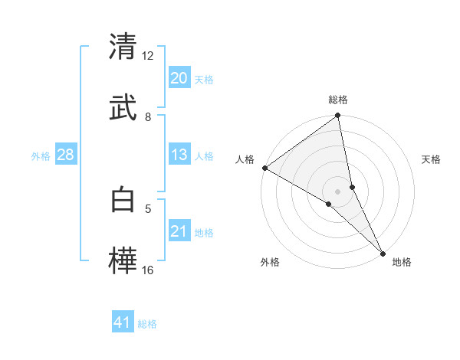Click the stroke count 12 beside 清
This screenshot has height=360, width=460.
click(x=148, y=56)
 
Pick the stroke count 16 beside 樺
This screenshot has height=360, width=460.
click(x=148, y=270)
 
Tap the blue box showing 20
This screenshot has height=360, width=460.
click(x=179, y=78)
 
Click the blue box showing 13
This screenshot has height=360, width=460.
click(x=179, y=155)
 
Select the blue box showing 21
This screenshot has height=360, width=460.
click(x=179, y=231)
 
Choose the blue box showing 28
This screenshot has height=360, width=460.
click(x=66, y=155)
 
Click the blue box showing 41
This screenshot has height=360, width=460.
click(x=123, y=322)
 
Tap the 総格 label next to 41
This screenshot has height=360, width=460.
click(x=147, y=324)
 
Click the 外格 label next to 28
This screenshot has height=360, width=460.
click(x=41, y=156)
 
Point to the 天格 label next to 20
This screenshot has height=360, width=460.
click(x=204, y=80)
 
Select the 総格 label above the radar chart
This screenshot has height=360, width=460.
click(x=338, y=100)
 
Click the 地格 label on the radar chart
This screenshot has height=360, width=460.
click(x=402, y=263)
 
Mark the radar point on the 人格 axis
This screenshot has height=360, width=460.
click(x=264, y=168)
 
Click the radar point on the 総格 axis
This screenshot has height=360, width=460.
click(x=338, y=116)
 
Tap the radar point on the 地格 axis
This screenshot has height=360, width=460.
click(x=383, y=253)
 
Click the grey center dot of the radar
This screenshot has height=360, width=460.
click(x=338, y=191)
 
